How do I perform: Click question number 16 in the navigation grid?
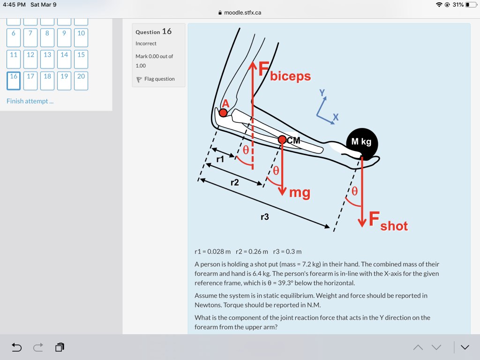pyautogui.click(x=14, y=80)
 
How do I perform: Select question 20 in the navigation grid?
pyautogui.click(x=81, y=80)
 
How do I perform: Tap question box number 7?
pyautogui.click(x=30, y=37)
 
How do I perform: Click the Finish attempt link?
pyautogui.click(x=30, y=101)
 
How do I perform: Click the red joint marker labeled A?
pyautogui.click(x=224, y=112)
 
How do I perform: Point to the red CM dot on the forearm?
pyautogui.click(x=282, y=140)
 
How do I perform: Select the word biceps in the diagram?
pyautogui.click(x=290, y=76)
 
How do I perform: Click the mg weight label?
pyautogui.click(x=300, y=192)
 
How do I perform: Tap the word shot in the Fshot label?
pyautogui.click(x=394, y=226)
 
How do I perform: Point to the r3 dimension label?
pyautogui.click(x=265, y=217)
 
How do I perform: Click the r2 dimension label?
pyautogui.click(x=234, y=182)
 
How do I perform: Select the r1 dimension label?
pyautogui.click(x=220, y=159)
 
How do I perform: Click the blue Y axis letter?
pyautogui.click(x=322, y=93)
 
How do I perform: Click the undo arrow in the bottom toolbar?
pyautogui.click(x=16, y=347)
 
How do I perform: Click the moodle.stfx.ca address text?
pyautogui.click(x=242, y=13)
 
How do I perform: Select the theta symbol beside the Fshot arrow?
pyautogui.click(x=355, y=191)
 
